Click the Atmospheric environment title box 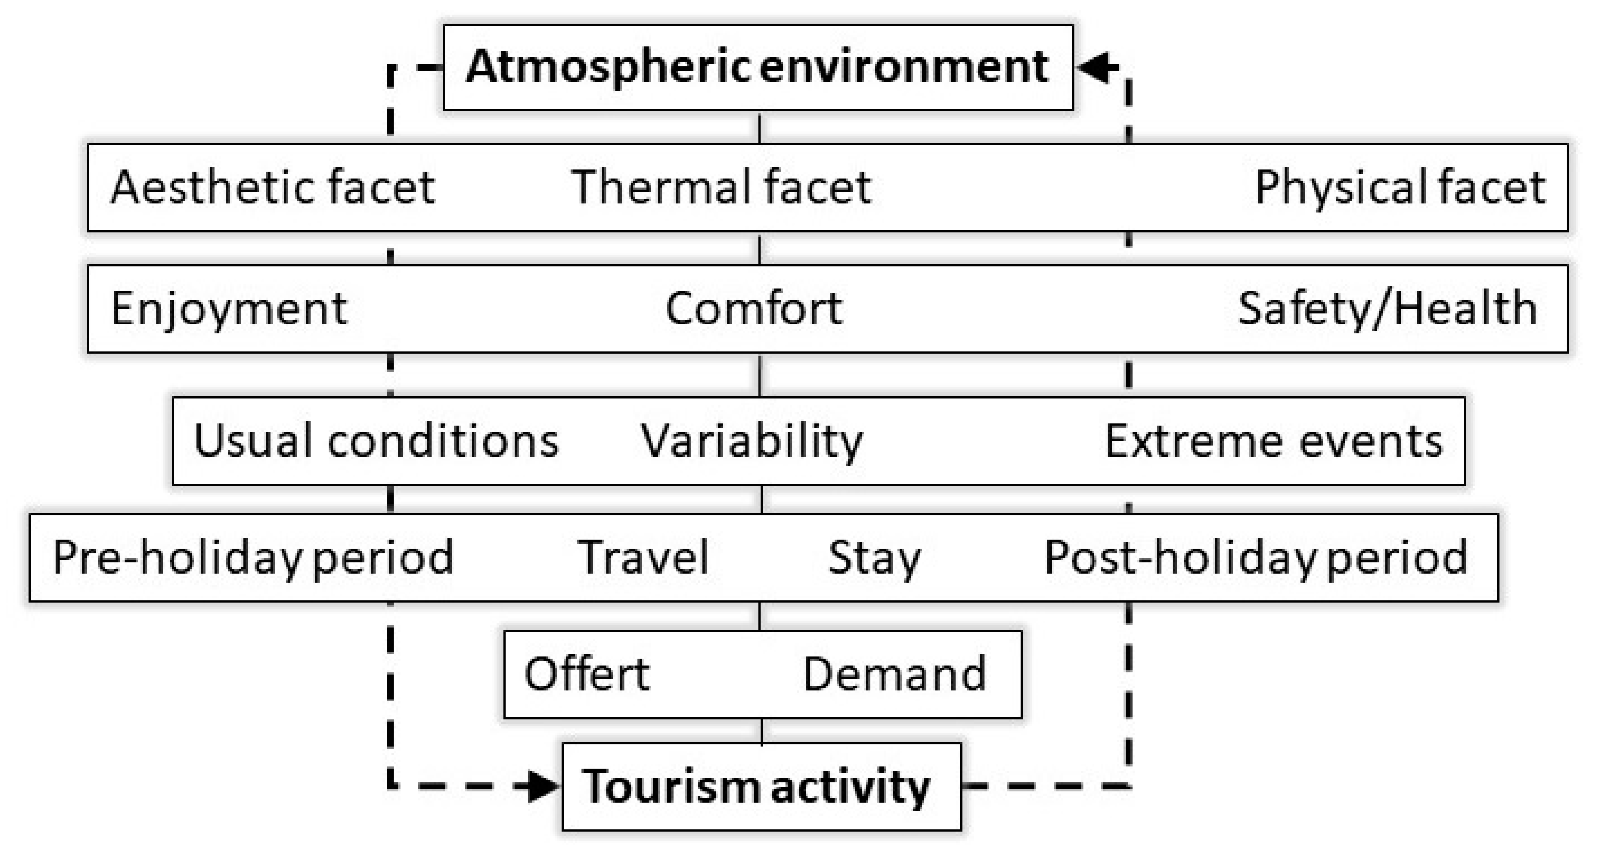tap(758, 67)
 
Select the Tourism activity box tap(761, 786)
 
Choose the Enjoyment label tap(229, 309)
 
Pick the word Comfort tap(753, 309)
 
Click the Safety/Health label tap(1387, 309)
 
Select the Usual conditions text tap(376, 441)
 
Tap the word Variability tap(751, 441)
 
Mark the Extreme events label tap(1274, 441)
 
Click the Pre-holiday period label tap(253, 557)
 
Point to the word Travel tap(643, 557)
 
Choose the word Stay tap(874, 557)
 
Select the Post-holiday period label tap(1256, 557)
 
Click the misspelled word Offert tap(587, 674)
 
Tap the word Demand tap(894, 674)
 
